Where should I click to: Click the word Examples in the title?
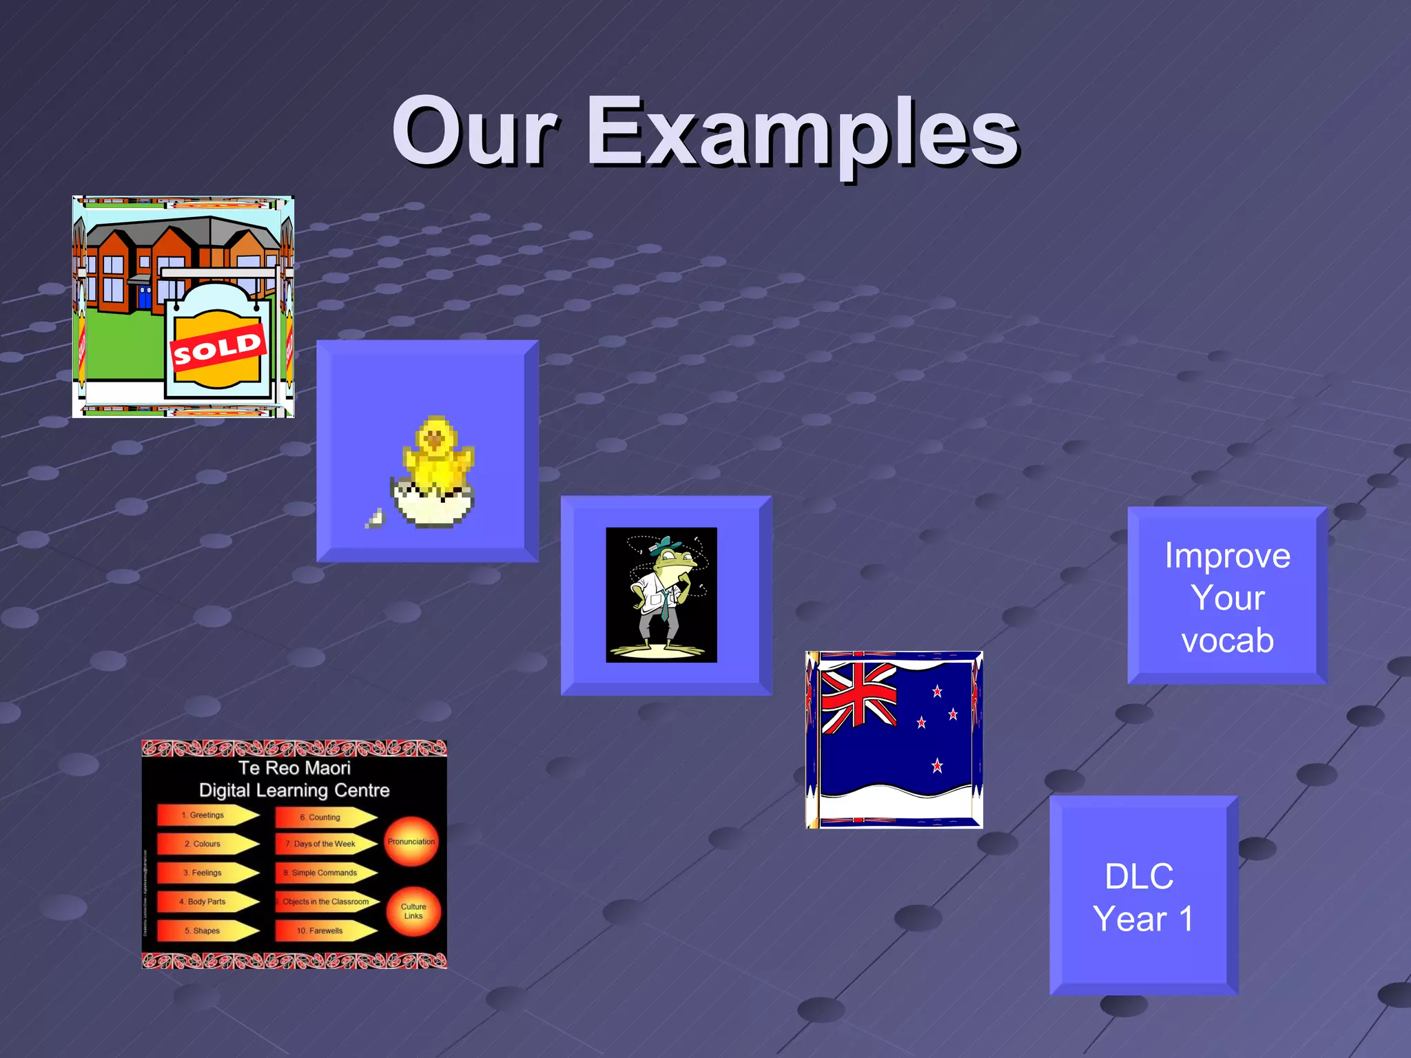(x=802, y=132)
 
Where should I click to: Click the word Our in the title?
(x=475, y=132)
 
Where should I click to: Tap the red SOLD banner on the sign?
(x=217, y=349)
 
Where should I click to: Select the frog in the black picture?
(x=663, y=592)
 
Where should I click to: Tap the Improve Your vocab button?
(x=1227, y=597)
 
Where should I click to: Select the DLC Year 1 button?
(x=1142, y=897)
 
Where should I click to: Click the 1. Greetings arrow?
(x=205, y=815)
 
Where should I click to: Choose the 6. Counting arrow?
(x=322, y=817)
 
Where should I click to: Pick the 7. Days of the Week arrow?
(x=324, y=844)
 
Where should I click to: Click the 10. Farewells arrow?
(x=322, y=931)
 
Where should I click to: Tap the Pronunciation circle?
(x=411, y=842)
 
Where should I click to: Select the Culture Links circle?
(x=413, y=911)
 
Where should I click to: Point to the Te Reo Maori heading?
(x=294, y=768)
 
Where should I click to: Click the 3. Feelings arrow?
(x=205, y=873)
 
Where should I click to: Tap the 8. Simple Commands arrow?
(x=324, y=873)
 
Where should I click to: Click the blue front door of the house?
(x=145, y=297)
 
